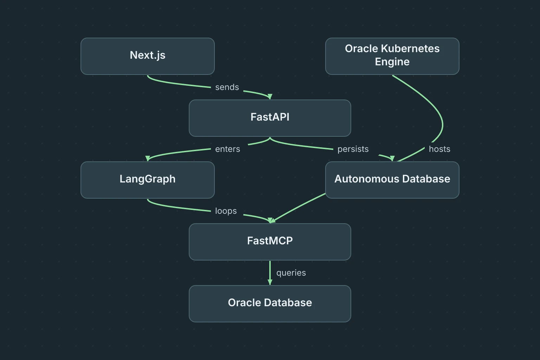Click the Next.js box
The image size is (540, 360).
(x=148, y=56)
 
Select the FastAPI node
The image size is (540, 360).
(x=270, y=118)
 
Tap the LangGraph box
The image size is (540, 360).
(x=148, y=180)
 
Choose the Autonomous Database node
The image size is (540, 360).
(x=392, y=180)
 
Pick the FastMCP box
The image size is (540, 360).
(x=270, y=242)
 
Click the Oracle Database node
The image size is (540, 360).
(x=270, y=304)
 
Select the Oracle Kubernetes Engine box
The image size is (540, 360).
(x=392, y=56)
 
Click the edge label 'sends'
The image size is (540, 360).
(x=227, y=87)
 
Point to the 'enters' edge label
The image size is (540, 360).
(x=227, y=149)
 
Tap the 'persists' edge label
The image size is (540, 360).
(x=353, y=149)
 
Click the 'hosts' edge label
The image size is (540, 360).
(x=439, y=149)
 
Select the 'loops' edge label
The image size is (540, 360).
(x=226, y=211)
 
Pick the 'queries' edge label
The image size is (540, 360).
(x=291, y=273)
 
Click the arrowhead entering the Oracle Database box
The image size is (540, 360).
(x=270, y=282)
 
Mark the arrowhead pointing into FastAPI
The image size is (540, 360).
(x=270, y=97)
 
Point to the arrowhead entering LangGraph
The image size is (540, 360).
(x=148, y=159)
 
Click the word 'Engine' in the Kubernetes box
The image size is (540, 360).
(x=392, y=62)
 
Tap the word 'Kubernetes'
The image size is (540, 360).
(x=410, y=49)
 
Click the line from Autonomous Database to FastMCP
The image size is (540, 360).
(x=299, y=207)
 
